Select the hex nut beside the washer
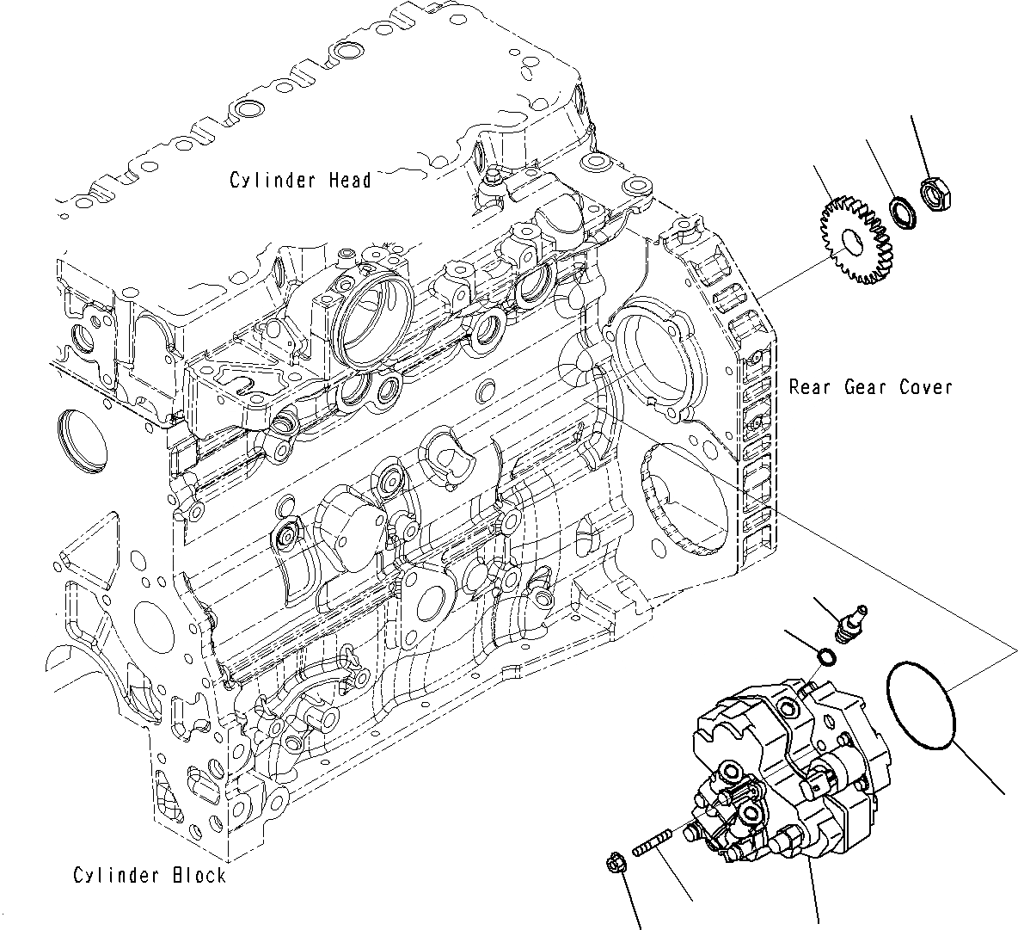pos(934,194)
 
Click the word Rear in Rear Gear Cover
pos(810,387)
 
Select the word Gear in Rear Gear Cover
pos(867,387)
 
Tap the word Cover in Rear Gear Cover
pos(926,387)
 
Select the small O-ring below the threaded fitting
pos(825,658)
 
